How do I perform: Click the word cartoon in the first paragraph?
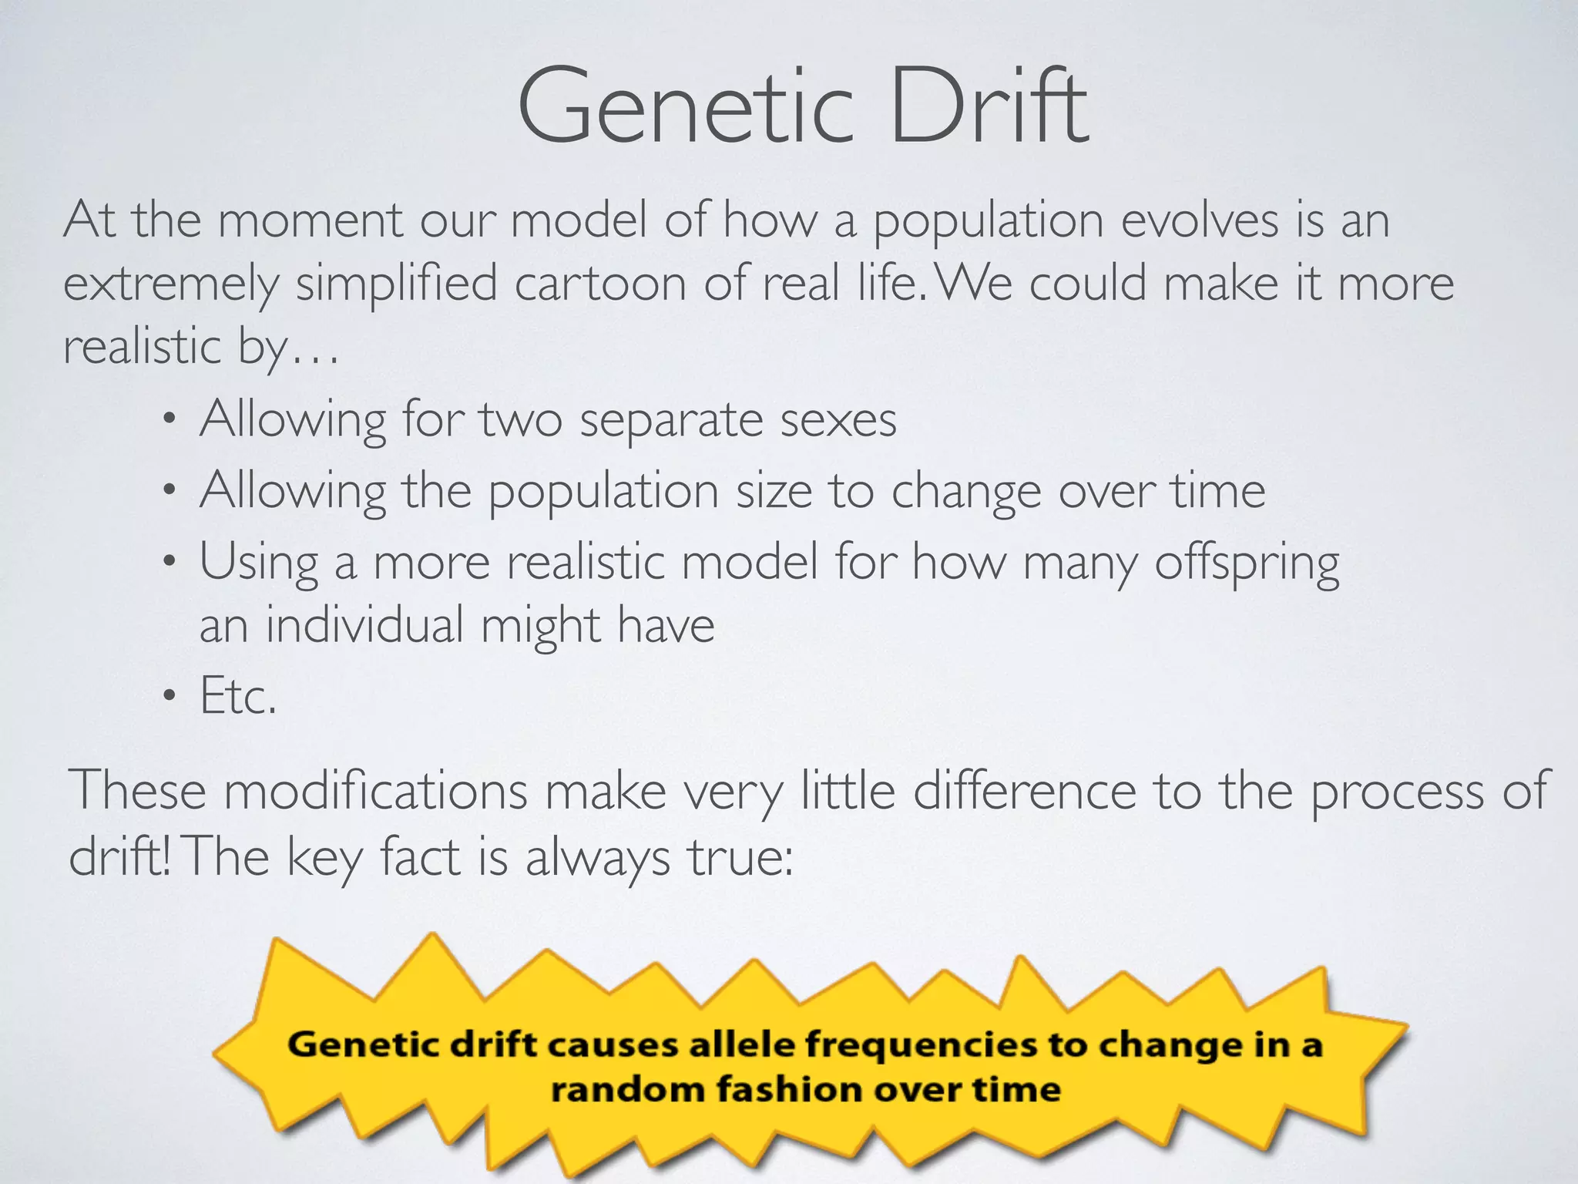[x=600, y=284]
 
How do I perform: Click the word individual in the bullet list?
[x=364, y=624]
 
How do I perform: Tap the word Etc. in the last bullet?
[x=237, y=696]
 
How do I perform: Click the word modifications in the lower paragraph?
[x=375, y=792]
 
